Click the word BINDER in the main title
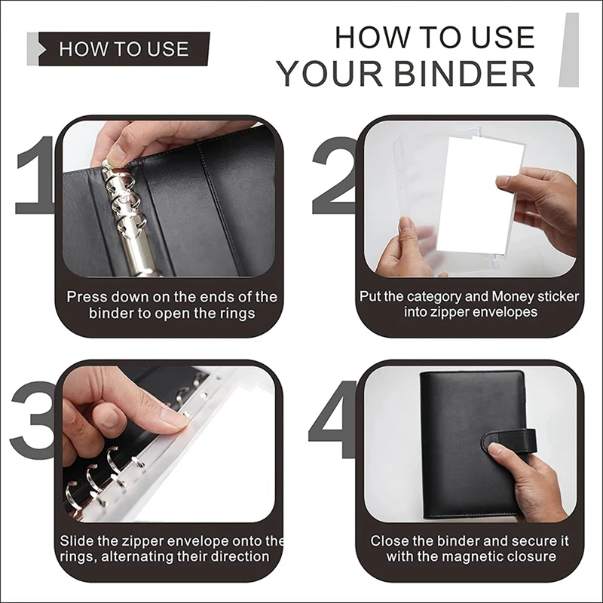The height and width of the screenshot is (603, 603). [464, 74]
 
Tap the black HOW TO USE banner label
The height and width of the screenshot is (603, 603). [124, 49]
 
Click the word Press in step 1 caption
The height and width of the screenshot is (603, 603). [85, 297]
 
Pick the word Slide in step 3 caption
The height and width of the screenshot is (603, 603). [77, 541]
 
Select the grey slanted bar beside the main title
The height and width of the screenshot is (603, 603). [569, 50]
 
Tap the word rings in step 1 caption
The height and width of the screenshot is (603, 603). [238, 314]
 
